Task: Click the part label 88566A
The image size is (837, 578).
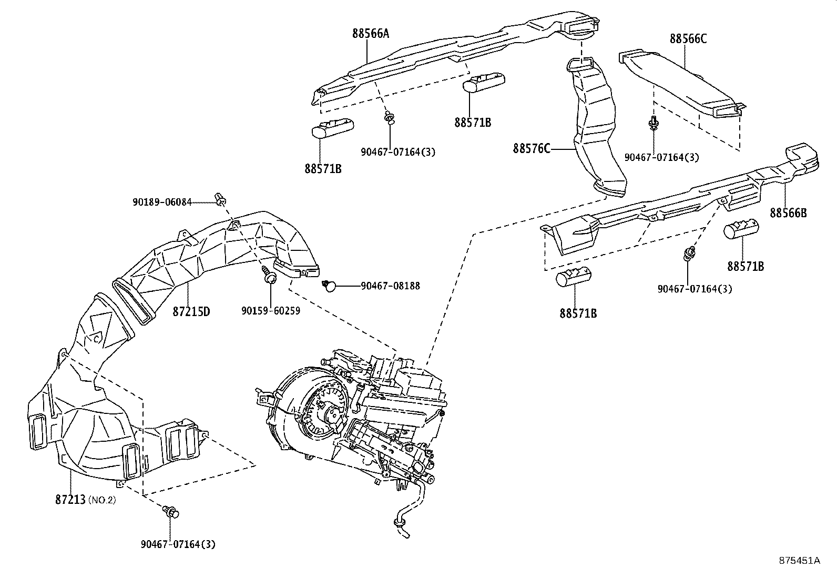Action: point(371,34)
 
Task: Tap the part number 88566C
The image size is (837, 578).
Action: point(688,39)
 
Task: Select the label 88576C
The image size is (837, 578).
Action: point(532,149)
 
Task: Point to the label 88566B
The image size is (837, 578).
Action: point(788,212)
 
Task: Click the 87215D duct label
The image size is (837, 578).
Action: point(191,311)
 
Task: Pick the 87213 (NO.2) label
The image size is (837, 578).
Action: point(85,499)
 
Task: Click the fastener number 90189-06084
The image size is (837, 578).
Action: point(162,202)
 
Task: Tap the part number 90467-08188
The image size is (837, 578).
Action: point(390,286)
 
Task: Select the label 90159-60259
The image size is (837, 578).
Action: point(271,311)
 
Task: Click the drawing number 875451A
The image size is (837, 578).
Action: point(799,560)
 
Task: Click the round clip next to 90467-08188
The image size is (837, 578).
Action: point(329,285)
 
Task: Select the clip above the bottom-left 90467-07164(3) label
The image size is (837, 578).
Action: point(171,511)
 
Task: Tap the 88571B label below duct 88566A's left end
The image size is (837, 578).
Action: point(322,169)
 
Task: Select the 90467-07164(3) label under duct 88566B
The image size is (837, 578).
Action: point(695,289)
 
